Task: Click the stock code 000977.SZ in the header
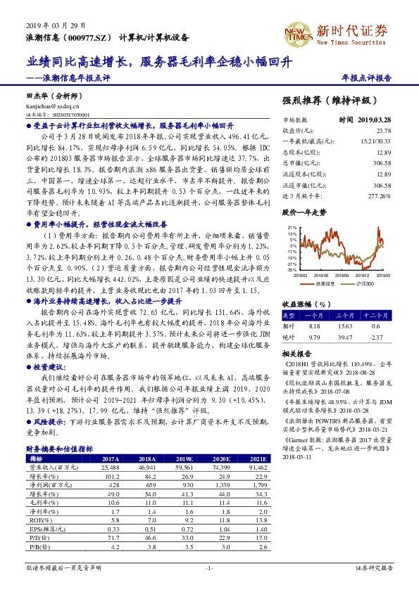click(x=90, y=37)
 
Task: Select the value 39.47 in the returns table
click(x=346, y=336)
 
